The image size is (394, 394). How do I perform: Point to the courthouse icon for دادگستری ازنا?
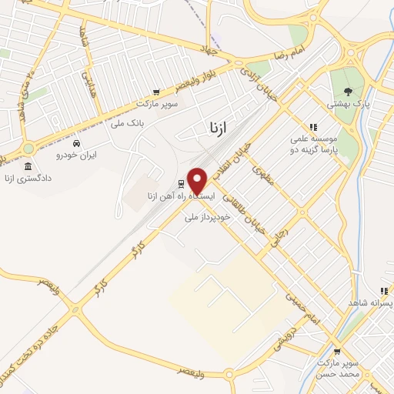(x=28, y=166)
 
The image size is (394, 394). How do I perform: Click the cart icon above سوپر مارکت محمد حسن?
(x=337, y=351)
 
